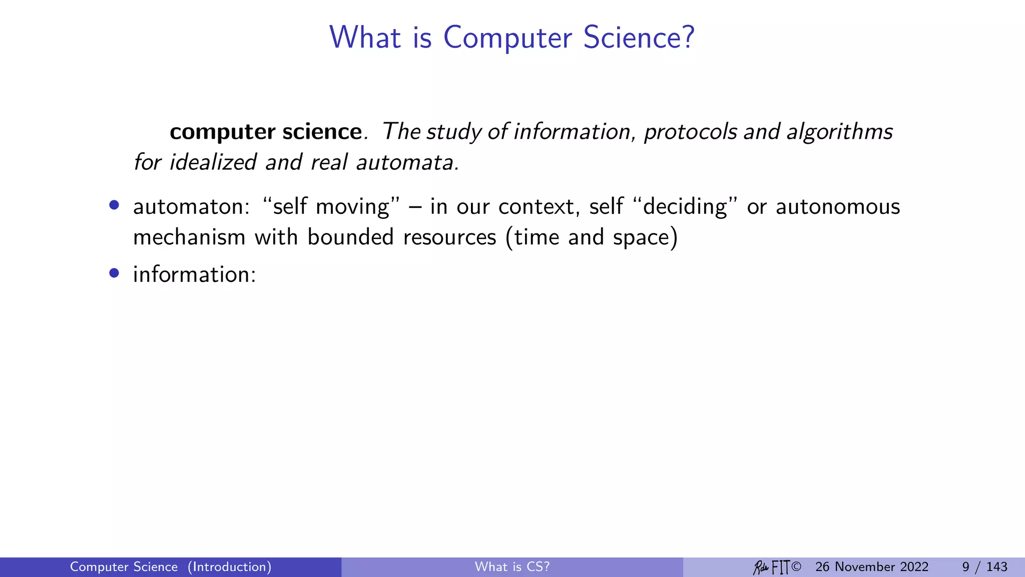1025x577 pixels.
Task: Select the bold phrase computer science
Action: coord(265,132)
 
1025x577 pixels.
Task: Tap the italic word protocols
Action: coord(691,132)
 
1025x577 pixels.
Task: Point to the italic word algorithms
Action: coord(839,132)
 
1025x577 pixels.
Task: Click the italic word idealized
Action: coord(213,162)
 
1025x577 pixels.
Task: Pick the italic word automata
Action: coord(405,162)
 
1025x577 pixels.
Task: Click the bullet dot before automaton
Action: coord(114,205)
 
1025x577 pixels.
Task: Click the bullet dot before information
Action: coord(114,273)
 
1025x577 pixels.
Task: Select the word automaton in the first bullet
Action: coord(191,207)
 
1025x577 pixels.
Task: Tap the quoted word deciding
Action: coord(685,207)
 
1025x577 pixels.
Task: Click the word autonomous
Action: coord(837,207)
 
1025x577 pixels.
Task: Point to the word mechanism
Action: coord(189,237)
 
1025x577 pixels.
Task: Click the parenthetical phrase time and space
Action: coord(592,237)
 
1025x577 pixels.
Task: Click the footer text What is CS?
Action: coord(512,567)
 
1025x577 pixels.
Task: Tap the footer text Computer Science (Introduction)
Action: coord(171,567)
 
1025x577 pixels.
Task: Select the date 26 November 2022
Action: coord(871,567)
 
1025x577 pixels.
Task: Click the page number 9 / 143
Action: coord(984,567)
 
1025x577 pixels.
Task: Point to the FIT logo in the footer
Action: coord(780,567)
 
